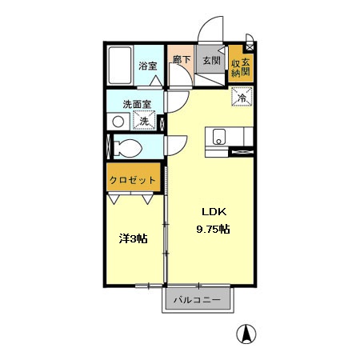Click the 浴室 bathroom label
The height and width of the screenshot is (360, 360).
tap(147, 66)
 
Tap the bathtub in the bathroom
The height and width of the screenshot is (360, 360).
tap(122, 68)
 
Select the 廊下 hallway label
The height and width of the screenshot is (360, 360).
tap(182, 59)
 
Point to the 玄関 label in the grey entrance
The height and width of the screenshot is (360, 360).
tap(210, 60)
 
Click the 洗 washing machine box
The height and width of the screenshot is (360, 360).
tap(145, 121)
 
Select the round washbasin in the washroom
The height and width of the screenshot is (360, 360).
tap(118, 122)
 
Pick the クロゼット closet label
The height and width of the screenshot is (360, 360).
tap(134, 180)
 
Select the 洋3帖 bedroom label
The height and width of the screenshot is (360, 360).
tap(132, 238)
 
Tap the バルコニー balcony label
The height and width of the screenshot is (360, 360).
tap(199, 299)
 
